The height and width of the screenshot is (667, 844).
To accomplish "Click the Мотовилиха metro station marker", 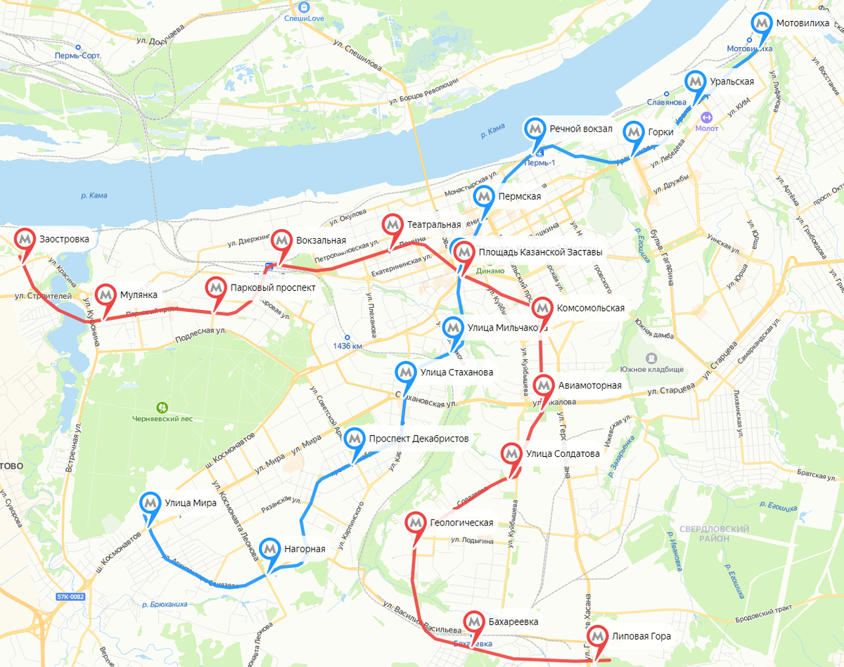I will click(x=761, y=24).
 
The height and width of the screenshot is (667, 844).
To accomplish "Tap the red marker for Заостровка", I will click(x=25, y=240).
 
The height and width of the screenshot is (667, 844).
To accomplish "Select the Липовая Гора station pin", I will click(x=598, y=637).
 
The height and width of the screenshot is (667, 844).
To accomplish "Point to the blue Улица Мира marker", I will click(x=150, y=503).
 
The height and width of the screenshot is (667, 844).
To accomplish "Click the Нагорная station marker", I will click(x=270, y=550).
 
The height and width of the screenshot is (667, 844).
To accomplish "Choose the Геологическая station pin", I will click(x=416, y=523).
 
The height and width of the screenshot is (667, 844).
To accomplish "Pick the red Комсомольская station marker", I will click(x=542, y=309).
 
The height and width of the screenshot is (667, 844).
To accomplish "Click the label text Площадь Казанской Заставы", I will click(x=540, y=252).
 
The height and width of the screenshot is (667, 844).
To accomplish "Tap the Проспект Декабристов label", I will click(x=418, y=439).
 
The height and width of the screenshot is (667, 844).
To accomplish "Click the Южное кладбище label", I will click(x=651, y=369).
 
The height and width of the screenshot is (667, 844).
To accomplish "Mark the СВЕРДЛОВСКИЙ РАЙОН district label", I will click(x=714, y=533).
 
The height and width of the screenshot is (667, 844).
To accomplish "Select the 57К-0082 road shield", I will click(x=70, y=597).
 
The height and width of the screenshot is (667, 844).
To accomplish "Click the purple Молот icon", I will click(x=706, y=117).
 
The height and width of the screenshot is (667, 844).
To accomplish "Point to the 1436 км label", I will click(x=349, y=346).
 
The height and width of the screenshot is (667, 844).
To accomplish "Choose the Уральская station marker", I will click(x=696, y=82).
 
